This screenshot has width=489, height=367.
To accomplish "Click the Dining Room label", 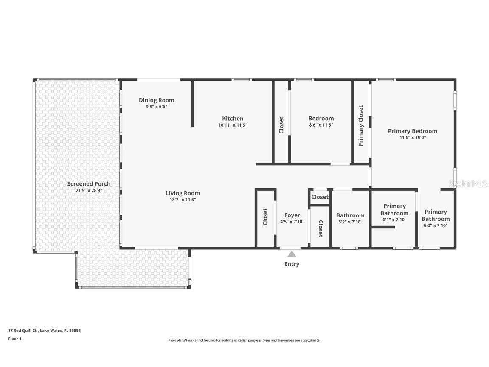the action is [x=157, y=100].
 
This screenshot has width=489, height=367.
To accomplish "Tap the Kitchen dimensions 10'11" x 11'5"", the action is [x=233, y=125].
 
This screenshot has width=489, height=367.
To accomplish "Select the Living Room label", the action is [x=183, y=193].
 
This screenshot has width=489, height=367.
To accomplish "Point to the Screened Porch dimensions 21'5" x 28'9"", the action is [x=89, y=190].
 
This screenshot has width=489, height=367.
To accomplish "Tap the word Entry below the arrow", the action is [x=292, y=264].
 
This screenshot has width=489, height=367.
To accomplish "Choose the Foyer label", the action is [x=292, y=215].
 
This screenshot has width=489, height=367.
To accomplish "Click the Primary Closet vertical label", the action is [x=361, y=126].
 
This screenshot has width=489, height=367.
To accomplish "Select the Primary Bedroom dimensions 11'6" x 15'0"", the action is [x=413, y=138].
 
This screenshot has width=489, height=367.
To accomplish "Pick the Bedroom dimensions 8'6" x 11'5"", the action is [x=321, y=125].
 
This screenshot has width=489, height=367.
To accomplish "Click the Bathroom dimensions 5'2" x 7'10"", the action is [x=350, y=222].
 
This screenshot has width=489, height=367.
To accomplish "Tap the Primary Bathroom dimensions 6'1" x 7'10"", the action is [x=394, y=220].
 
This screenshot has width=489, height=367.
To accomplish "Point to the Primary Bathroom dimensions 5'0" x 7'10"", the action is [x=436, y=225].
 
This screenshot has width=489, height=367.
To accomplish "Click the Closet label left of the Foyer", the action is [x=265, y=217].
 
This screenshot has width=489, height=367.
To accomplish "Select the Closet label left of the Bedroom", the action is [x=281, y=125].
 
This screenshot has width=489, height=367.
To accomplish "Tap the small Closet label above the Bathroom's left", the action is [x=320, y=197].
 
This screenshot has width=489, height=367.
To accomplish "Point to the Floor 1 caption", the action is [x=15, y=338].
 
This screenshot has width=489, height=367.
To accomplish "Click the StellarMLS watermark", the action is [x=468, y=183].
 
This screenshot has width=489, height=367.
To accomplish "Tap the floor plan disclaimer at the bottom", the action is [x=244, y=341].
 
